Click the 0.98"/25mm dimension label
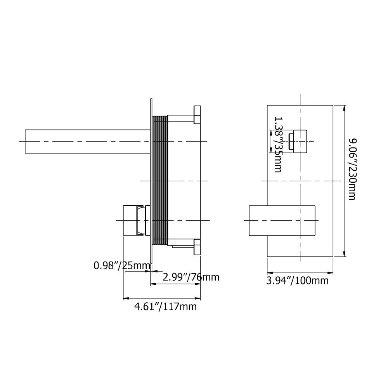click(122, 265)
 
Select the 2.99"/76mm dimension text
click(191, 277)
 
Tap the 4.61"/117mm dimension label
click(166, 307)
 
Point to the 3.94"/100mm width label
click(298, 281)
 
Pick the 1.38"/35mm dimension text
click(278, 144)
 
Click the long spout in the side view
click(88, 141)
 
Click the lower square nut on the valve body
click(197, 247)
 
